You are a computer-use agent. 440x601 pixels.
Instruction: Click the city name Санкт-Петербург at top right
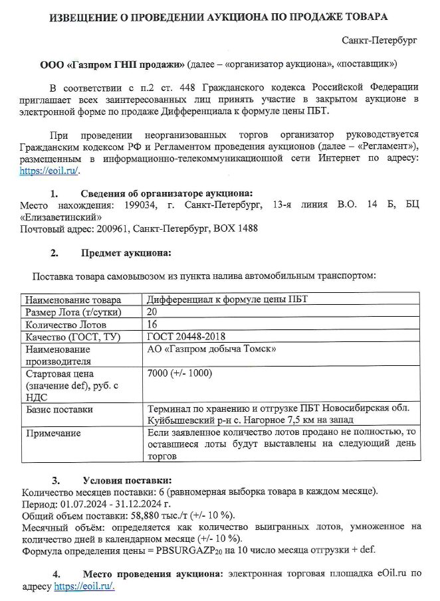pyautogui.click(x=379, y=41)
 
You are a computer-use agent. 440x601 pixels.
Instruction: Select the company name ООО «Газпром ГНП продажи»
pyautogui.click(x=112, y=64)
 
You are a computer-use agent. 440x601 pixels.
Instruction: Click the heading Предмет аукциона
pyautogui.click(x=126, y=252)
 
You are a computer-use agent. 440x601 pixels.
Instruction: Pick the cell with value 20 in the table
pyautogui.click(x=152, y=311)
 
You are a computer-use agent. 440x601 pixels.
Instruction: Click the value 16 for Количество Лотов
pyautogui.click(x=152, y=324)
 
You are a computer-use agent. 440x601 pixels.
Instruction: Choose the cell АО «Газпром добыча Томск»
pyautogui.click(x=211, y=349)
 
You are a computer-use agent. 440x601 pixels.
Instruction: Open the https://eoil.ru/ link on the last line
pyautogui.click(x=84, y=586)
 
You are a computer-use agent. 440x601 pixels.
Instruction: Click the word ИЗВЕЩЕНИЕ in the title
pyautogui.click(x=88, y=15)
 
